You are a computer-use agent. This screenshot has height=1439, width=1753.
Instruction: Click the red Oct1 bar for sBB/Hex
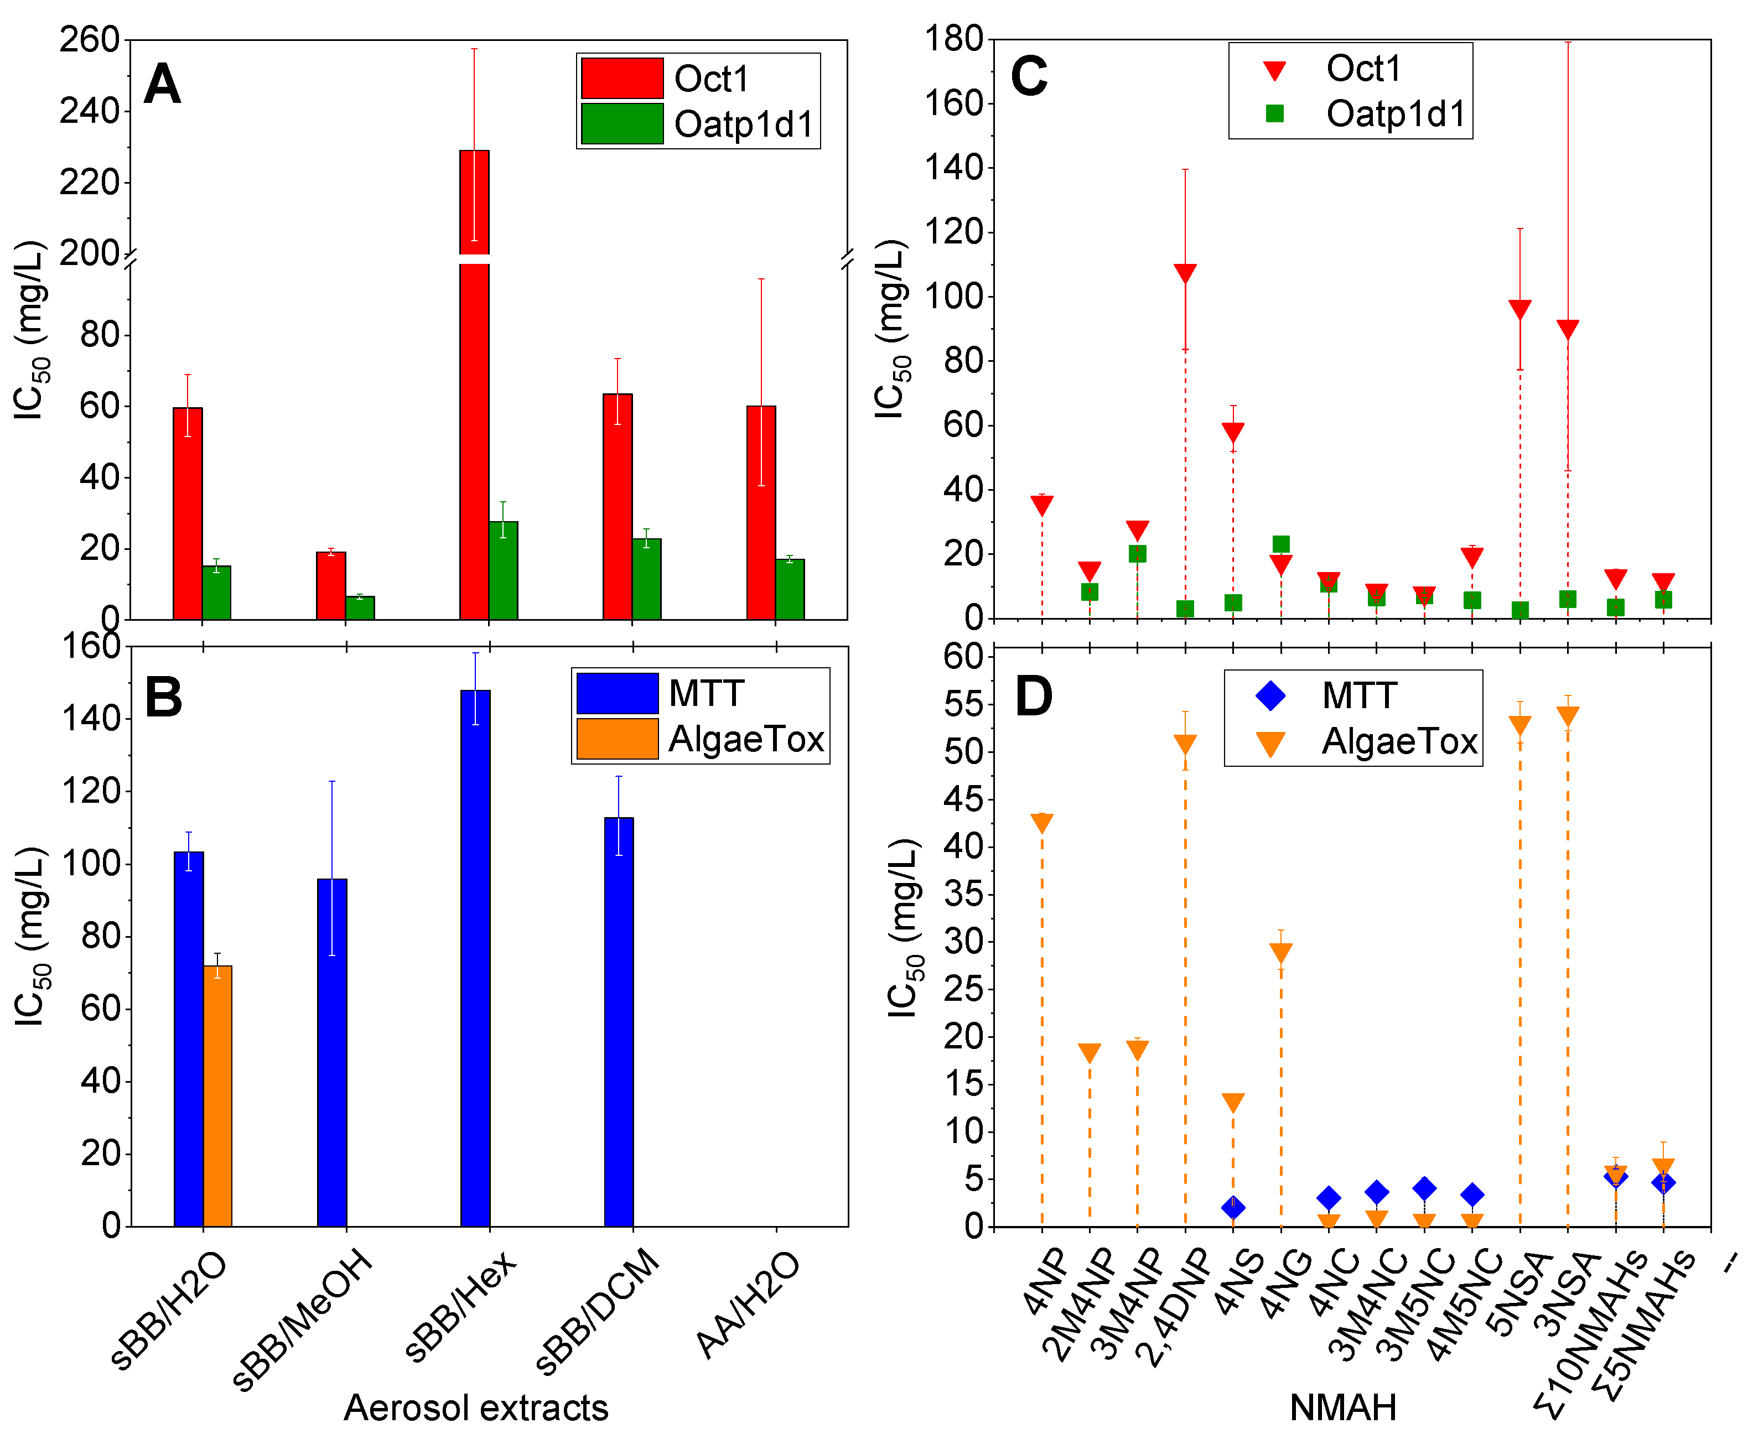474,414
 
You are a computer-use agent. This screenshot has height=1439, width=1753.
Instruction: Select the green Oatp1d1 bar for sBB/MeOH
360,607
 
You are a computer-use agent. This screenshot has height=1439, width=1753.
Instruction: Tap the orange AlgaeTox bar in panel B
217,1094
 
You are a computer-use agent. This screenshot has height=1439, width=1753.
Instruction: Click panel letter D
1034,697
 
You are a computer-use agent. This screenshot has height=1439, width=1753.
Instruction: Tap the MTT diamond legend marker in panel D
1270,695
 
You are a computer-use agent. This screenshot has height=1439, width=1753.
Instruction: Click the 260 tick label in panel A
90,40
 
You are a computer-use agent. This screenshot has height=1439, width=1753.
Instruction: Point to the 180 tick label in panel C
953,38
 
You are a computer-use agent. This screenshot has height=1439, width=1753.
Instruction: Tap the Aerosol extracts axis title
476,1407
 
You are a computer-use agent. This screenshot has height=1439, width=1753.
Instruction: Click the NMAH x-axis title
1343,1407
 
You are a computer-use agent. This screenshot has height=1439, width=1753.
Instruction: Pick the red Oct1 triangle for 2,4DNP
1185,273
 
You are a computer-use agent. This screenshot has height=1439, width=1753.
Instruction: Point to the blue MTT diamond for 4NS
1233,1207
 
